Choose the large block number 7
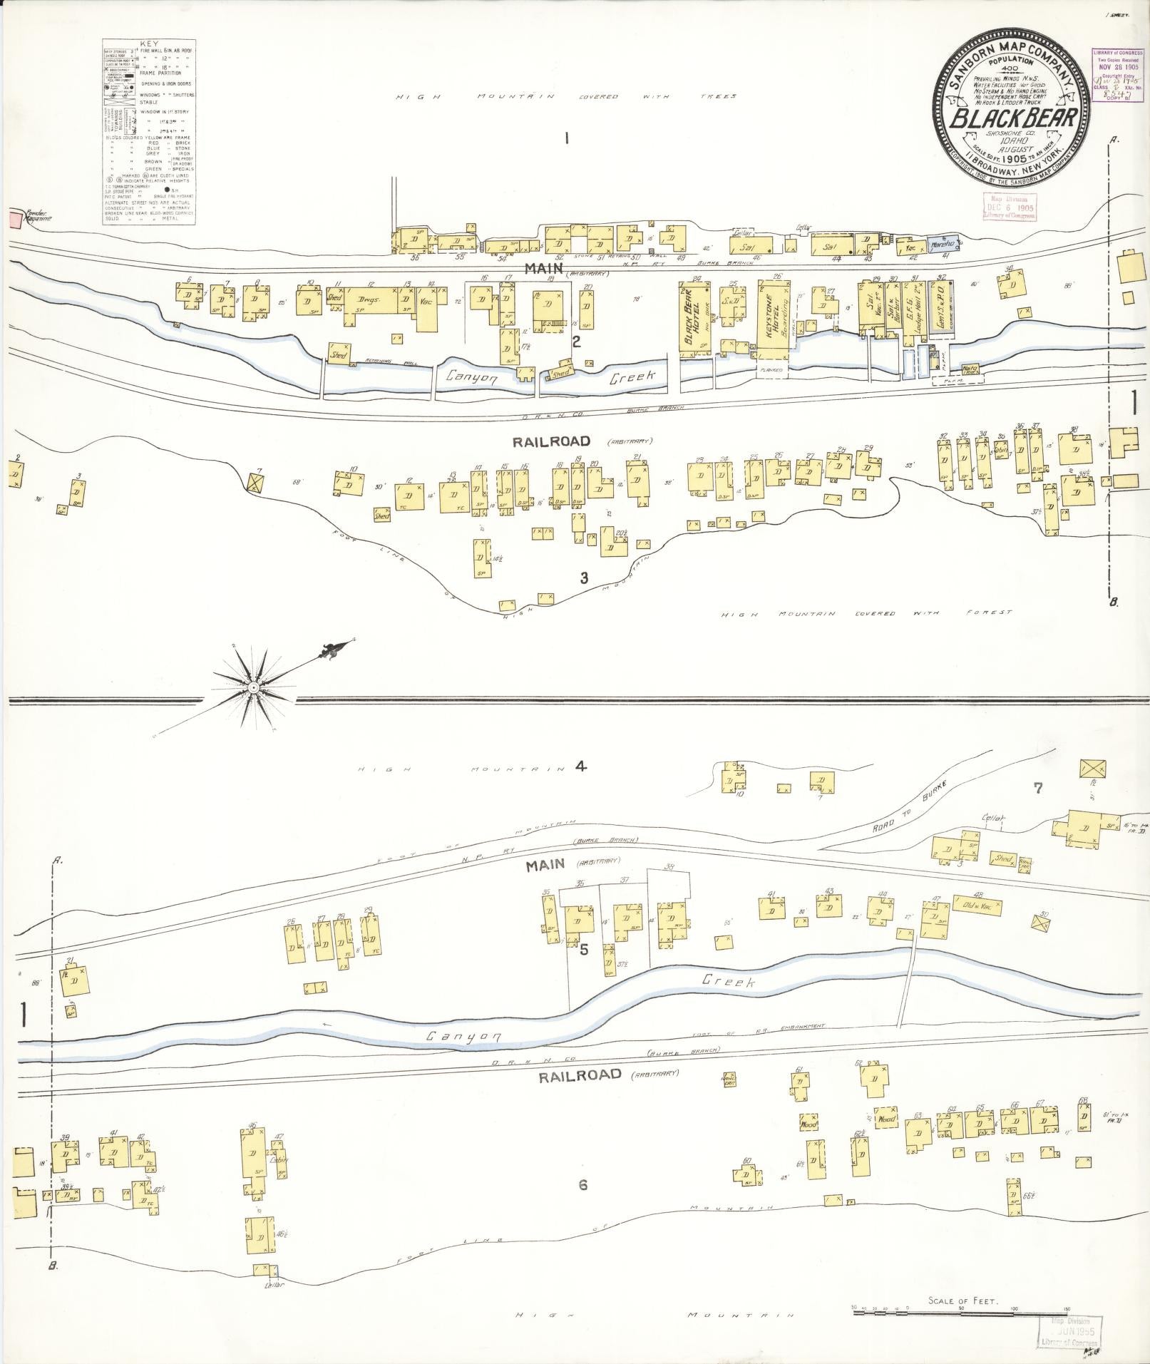(1038, 788)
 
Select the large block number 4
(581, 767)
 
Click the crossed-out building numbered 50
(1043, 921)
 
